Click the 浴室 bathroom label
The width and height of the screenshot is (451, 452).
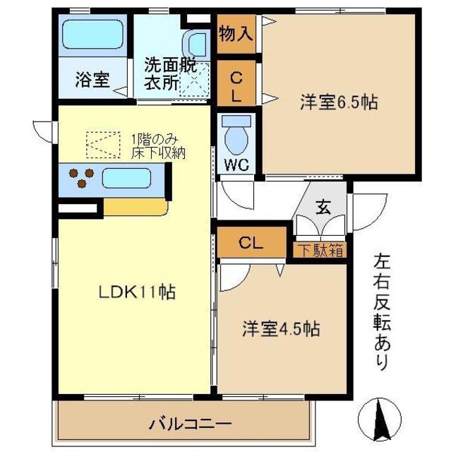click(92, 80)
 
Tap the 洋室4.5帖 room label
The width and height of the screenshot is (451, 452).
click(282, 329)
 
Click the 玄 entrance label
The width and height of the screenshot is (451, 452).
click(323, 208)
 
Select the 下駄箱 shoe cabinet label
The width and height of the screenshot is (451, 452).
click(319, 249)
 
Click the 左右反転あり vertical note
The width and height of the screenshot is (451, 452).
click(381, 311)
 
